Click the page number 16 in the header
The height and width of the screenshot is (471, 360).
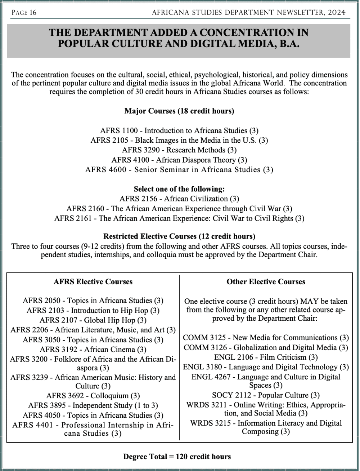[33, 13]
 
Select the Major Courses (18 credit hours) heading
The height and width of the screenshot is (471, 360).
[179, 111]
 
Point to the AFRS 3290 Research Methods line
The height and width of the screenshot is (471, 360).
[179, 150]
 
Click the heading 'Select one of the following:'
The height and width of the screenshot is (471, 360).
[179, 189]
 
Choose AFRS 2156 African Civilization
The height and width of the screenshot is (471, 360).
[179, 199]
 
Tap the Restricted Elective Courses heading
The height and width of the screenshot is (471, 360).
[179, 236]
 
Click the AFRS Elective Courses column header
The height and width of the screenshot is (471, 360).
[93, 282]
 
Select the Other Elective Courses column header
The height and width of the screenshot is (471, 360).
[266, 282]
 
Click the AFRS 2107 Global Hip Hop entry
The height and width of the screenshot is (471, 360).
[93, 320]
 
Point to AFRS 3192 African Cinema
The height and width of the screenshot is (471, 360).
[93, 349]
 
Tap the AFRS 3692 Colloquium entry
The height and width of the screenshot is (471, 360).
[93, 396]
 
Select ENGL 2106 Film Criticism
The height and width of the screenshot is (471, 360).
[266, 357]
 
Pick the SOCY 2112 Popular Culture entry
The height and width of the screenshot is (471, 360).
[266, 395]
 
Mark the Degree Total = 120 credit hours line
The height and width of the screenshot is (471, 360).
[177, 457]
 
